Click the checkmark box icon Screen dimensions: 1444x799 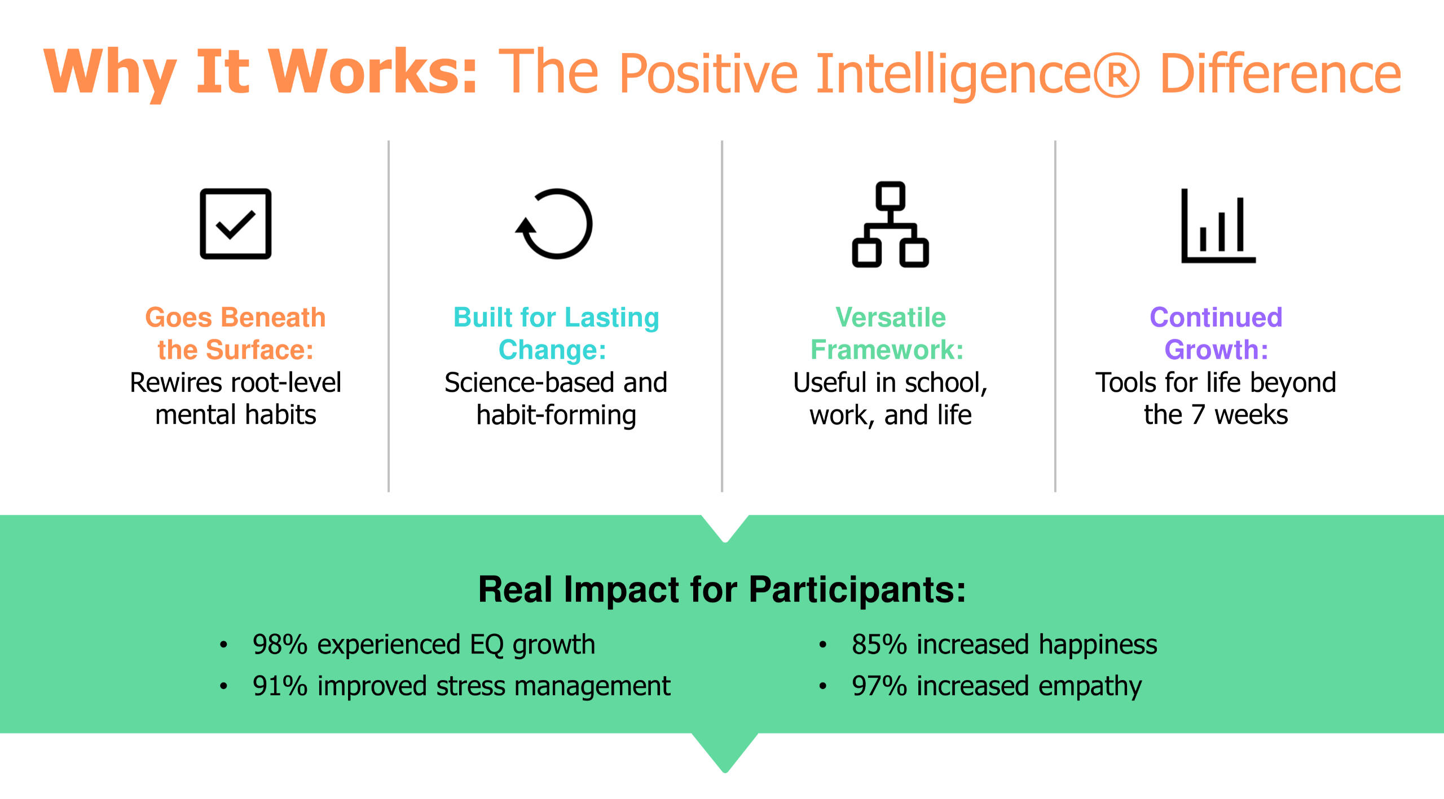[236, 224]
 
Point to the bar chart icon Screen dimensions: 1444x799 [1218, 226]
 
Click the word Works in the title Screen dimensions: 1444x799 [373, 72]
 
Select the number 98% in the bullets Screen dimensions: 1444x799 [280, 645]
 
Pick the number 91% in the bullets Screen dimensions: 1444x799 [280, 686]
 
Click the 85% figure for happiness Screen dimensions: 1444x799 [879, 645]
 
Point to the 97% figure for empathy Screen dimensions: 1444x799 [879, 686]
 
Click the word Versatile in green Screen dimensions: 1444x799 [891, 317]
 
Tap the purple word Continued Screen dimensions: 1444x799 [1216, 317]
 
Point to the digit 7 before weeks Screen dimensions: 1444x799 [1198, 416]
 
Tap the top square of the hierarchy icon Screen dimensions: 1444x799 [891, 196]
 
